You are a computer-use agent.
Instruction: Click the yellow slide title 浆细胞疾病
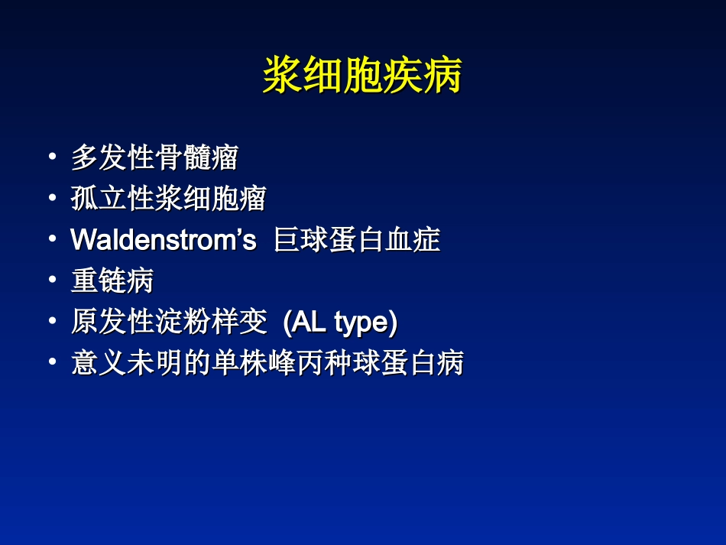[x=362, y=76]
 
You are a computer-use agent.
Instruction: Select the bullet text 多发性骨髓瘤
[x=154, y=158]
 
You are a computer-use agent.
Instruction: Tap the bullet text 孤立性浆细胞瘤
[x=168, y=199]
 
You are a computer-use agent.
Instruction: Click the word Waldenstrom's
[x=163, y=240]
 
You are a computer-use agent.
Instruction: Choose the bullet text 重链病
[x=112, y=281]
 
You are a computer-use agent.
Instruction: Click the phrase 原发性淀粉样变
[x=168, y=323]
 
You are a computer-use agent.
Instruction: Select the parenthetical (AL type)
[x=340, y=323]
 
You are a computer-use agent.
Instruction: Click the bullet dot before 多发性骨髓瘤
[x=52, y=157]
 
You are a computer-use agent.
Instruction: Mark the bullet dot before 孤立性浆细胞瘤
[x=52, y=199]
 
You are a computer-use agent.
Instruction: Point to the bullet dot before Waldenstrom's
[x=52, y=239]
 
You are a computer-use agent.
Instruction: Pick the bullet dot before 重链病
[x=52, y=281]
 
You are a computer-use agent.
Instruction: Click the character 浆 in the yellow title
[x=282, y=76]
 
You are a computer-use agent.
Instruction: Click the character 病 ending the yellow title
[x=442, y=76]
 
